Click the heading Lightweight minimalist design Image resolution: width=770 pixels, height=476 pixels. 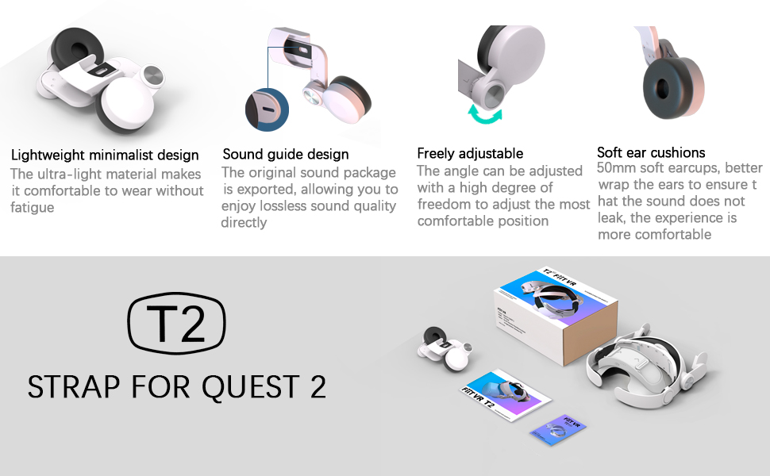[x=105, y=155]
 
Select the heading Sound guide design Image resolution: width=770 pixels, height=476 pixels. [x=285, y=154]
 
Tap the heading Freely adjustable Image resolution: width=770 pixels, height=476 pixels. [x=470, y=153]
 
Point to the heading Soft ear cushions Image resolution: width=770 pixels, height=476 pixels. [x=651, y=152]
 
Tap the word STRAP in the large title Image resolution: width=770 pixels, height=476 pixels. [x=71, y=386]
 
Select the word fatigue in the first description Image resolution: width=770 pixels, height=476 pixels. [x=33, y=208]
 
